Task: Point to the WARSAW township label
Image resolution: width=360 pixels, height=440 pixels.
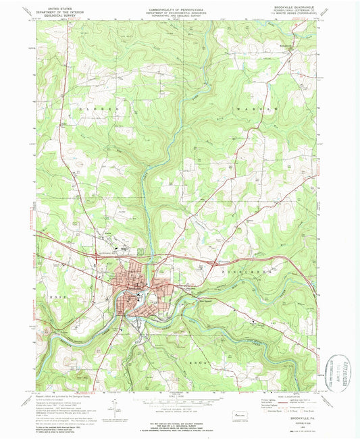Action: tap(249, 108)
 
